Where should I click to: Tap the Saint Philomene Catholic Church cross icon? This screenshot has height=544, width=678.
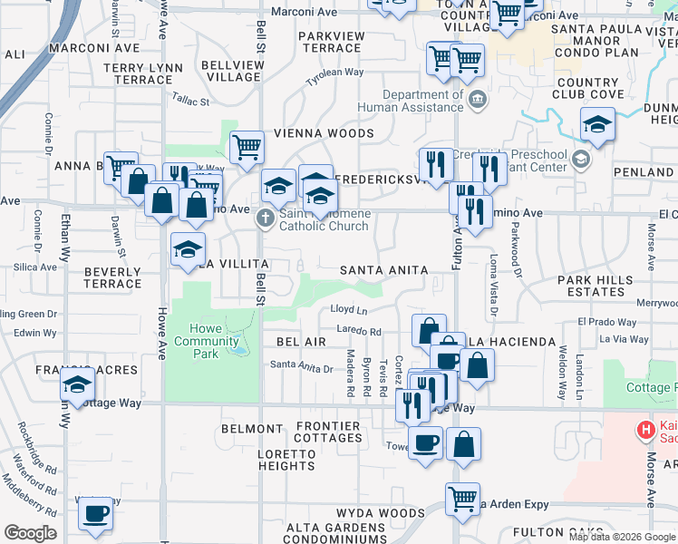tap(265, 218)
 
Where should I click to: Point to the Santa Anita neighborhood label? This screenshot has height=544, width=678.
tap(377, 270)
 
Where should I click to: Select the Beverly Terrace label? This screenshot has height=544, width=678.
tap(112, 277)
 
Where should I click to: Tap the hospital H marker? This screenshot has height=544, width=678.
tap(646, 430)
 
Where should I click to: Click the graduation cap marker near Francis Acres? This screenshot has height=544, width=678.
tap(78, 385)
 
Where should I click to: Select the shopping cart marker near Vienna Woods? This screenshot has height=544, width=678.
tap(247, 147)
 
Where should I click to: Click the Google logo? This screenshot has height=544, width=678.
tap(31, 533)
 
